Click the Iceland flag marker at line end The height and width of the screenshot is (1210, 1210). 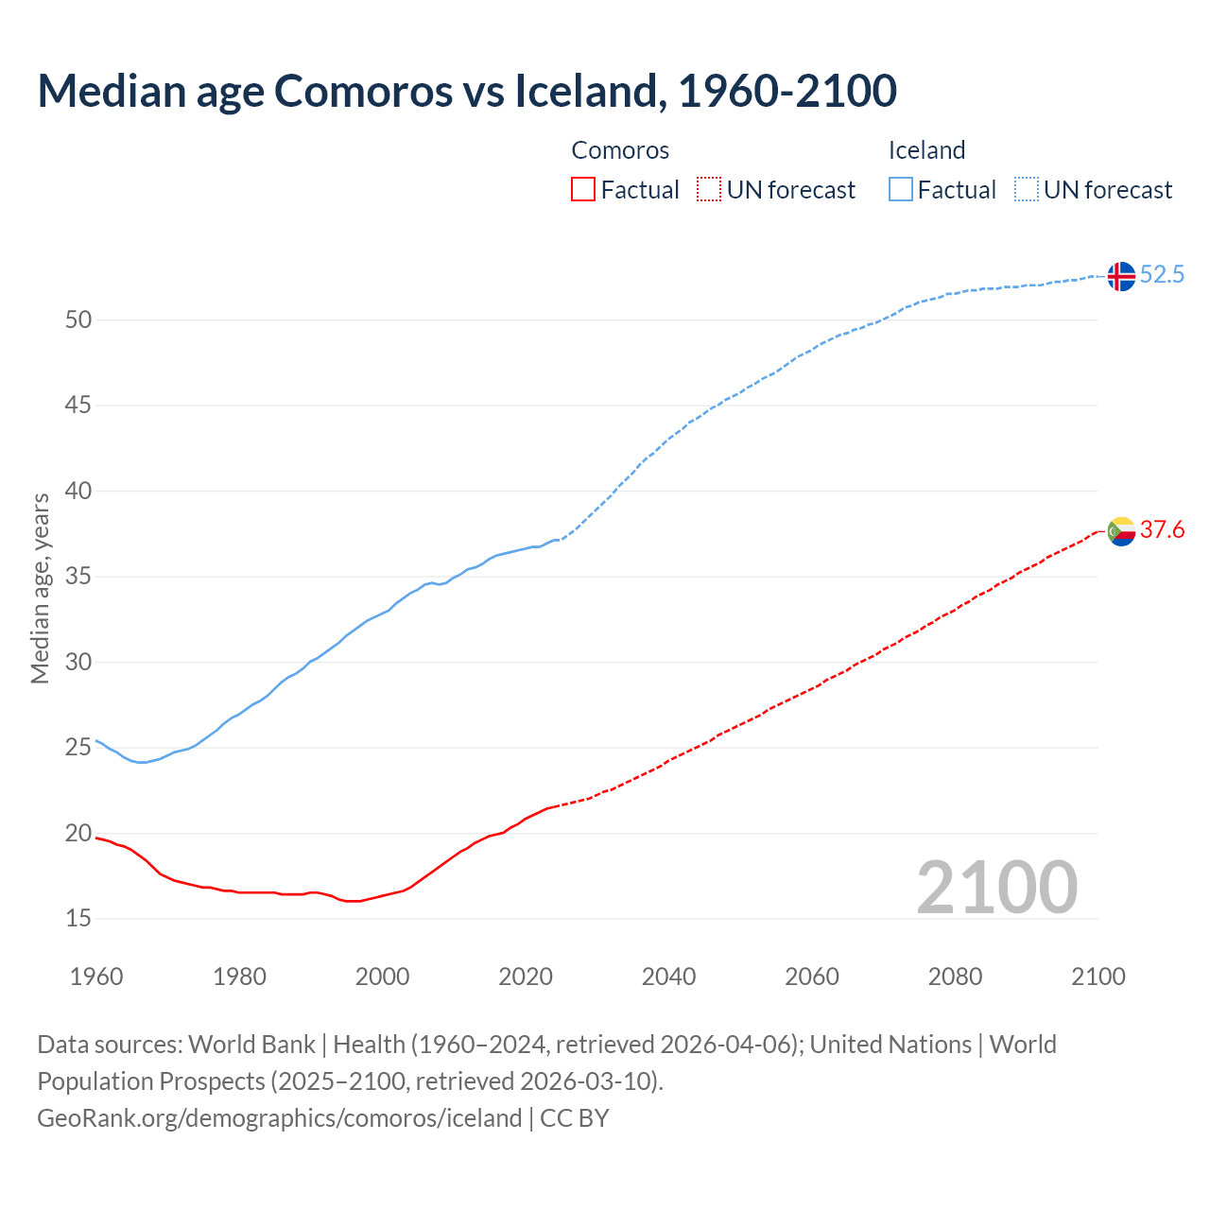[x=1121, y=275]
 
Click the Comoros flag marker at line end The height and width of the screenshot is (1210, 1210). [x=1121, y=531]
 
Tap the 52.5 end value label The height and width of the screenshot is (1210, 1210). [x=1162, y=275]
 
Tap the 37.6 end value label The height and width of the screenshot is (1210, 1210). [x=1162, y=530]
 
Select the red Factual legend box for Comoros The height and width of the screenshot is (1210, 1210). [x=583, y=190]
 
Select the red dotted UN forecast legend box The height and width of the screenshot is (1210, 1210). [x=709, y=190]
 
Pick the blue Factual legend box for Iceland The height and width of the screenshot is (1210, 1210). [x=900, y=190]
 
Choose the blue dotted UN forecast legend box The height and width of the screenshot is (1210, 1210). [x=1026, y=190]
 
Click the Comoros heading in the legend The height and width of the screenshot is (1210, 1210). [x=620, y=150]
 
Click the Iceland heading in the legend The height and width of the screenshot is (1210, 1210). [x=926, y=150]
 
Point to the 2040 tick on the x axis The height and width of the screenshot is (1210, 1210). [x=668, y=977]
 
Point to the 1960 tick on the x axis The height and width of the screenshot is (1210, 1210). [x=96, y=977]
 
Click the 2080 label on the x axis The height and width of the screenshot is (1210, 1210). [x=955, y=977]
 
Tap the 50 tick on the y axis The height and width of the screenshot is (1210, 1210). [x=78, y=320]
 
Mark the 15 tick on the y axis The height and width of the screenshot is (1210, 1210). [x=78, y=919]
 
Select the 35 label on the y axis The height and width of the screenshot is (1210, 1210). [x=78, y=577]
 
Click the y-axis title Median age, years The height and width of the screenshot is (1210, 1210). [x=40, y=588]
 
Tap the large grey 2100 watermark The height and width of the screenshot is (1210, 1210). [x=996, y=887]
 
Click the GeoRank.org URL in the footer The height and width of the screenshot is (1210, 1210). [x=279, y=1118]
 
